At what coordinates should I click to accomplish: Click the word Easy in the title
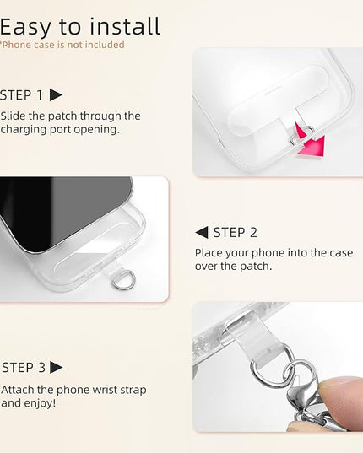tap(24, 28)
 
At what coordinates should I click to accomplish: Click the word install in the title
tap(125, 26)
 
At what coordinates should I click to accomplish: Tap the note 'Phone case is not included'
tap(62, 45)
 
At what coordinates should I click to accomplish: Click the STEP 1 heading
tap(21, 95)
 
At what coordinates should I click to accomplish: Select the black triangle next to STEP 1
tap(56, 94)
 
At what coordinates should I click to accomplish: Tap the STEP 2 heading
tap(235, 233)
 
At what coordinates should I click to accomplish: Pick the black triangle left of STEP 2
tap(202, 233)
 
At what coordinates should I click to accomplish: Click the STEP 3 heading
tap(24, 368)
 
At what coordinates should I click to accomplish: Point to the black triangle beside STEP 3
tap(56, 367)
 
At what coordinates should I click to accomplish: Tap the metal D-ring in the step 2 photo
tap(123, 280)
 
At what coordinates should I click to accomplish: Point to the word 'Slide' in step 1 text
tap(13, 116)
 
